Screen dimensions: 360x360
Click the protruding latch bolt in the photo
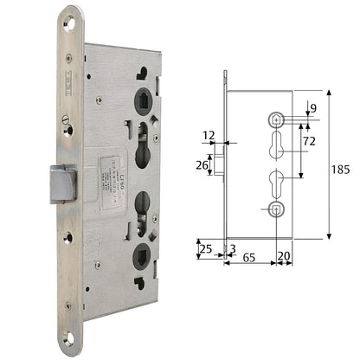point(65,183)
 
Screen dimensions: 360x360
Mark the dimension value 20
point(284,258)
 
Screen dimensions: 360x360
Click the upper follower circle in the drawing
point(276,119)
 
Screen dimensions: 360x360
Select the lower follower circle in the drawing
point(276,208)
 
